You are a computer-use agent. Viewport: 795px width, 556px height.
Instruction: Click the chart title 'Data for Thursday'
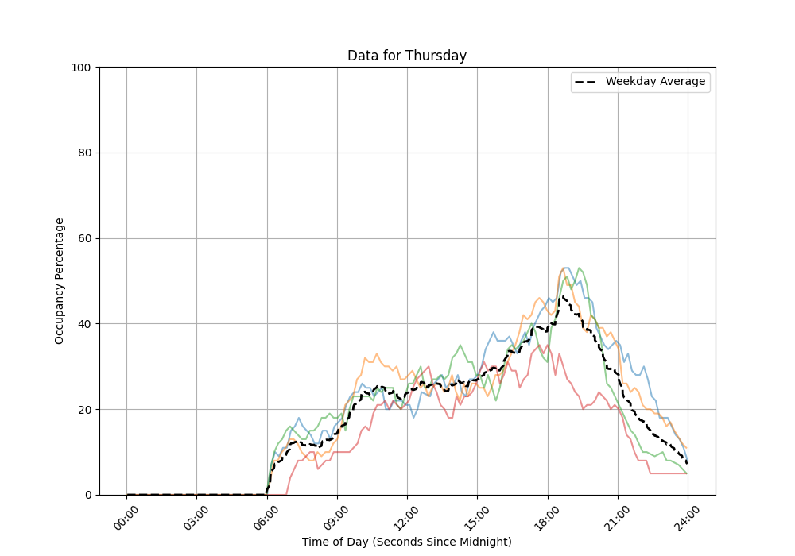click(x=406, y=56)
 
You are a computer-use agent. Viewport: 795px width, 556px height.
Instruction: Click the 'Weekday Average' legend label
click(x=655, y=82)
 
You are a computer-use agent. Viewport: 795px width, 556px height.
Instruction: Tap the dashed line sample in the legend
click(x=588, y=82)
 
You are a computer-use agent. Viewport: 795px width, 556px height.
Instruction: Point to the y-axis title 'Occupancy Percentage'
click(x=60, y=280)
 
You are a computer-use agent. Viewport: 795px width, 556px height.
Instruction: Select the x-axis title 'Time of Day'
click(x=406, y=542)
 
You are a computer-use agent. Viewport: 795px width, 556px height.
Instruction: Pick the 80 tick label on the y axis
click(x=83, y=153)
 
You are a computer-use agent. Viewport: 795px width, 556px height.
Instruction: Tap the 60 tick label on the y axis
click(x=83, y=239)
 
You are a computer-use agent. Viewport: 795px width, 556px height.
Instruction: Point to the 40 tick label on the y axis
click(x=83, y=324)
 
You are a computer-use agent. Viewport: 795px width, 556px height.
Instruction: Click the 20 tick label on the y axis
click(x=83, y=410)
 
